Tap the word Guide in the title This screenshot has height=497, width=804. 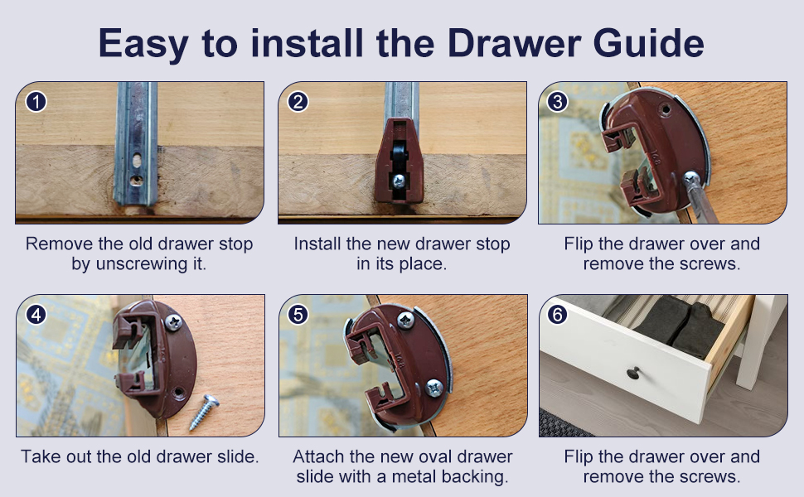648,43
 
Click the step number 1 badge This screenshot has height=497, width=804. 36,102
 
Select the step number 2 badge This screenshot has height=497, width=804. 298,102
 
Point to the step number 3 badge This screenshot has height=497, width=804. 557,102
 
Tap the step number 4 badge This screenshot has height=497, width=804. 36,315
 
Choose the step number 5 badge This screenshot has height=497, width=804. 298,315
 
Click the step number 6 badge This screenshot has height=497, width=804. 557,315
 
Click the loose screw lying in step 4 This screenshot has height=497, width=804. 204,412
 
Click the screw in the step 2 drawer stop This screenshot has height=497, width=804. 399,181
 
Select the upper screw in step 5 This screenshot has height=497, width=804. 406,321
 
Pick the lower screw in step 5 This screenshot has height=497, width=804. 434,388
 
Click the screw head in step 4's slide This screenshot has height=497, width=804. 173,322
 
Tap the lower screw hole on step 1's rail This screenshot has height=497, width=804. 137,181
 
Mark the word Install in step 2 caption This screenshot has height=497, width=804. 318,244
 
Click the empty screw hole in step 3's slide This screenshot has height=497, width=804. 665,109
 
